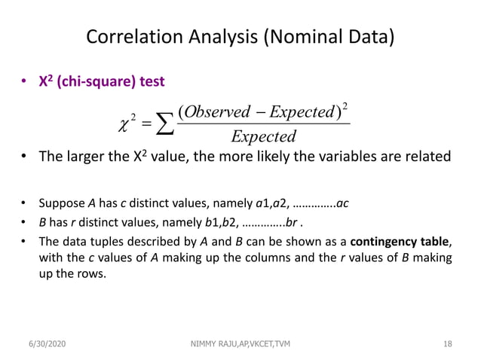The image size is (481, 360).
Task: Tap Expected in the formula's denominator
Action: pyautogui.click(x=263, y=137)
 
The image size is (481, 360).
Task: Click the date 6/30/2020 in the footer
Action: pyautogui.click(x=52, y=344)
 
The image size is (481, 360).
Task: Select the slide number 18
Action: pyautogui.click(x=447, y=344)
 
